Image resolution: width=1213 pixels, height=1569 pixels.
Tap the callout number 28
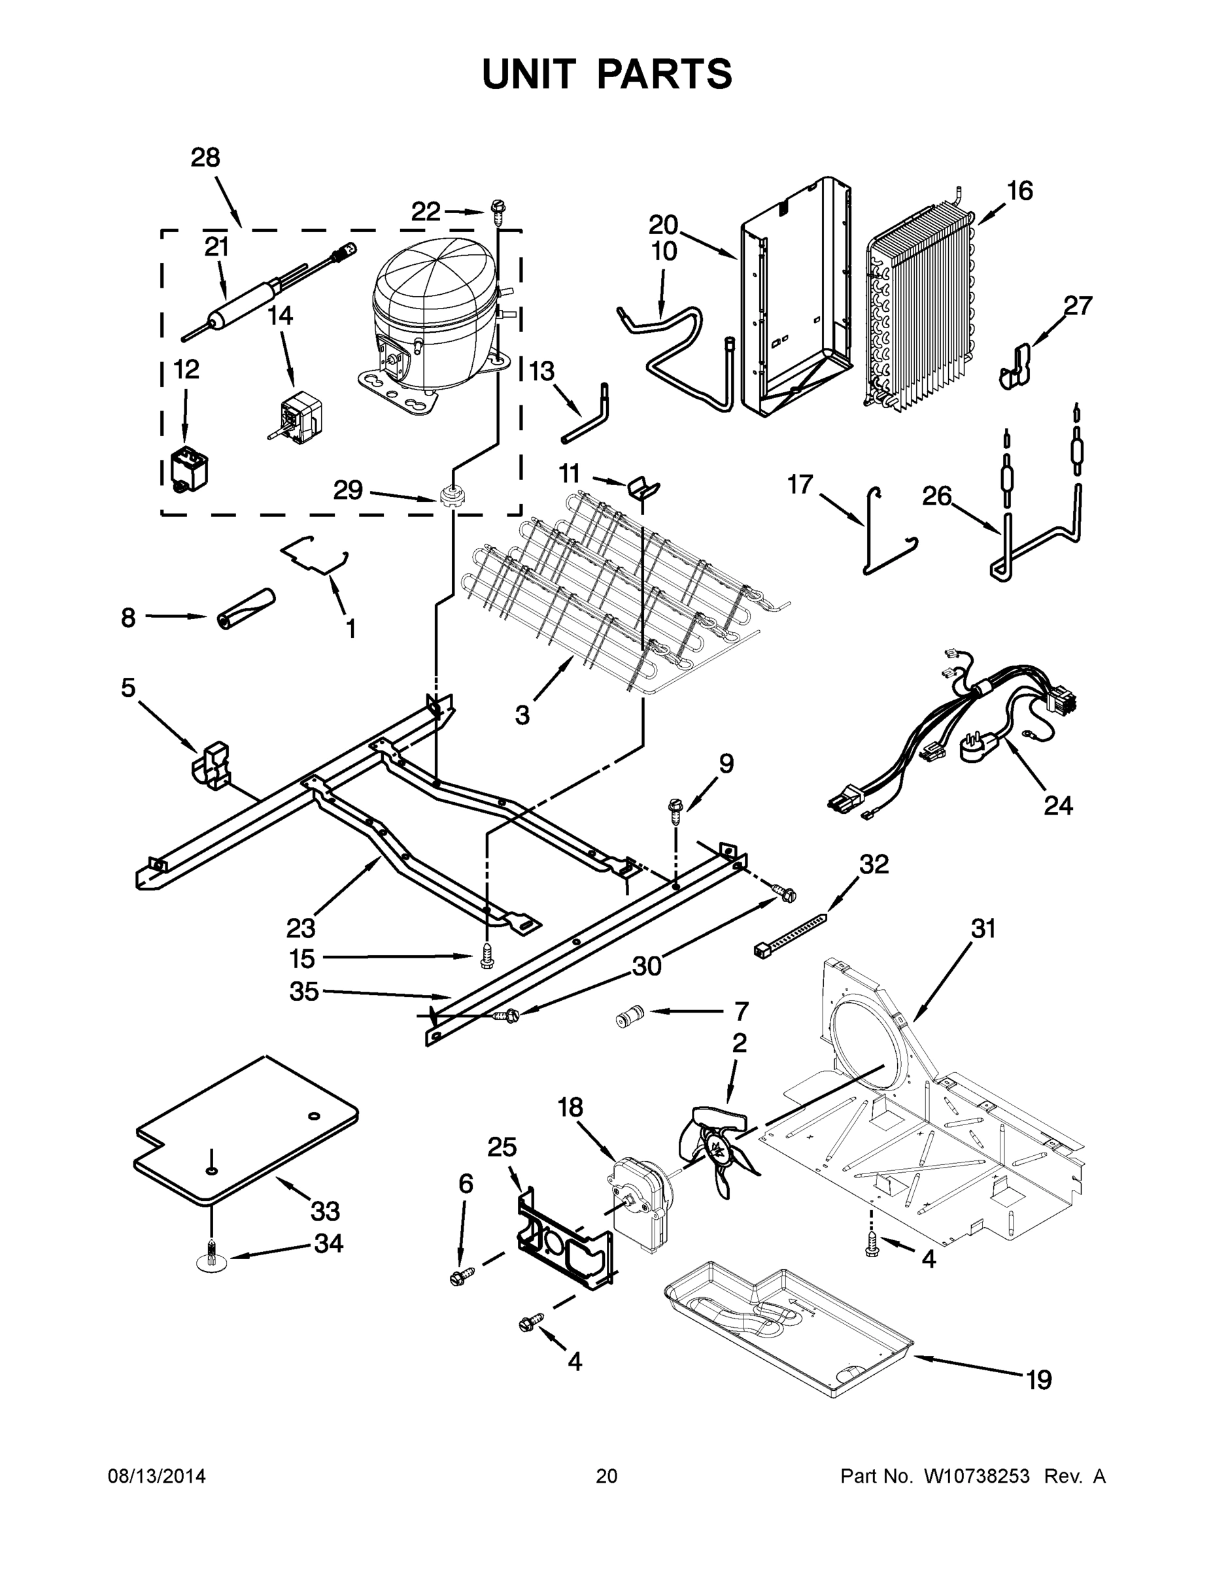[205, 158]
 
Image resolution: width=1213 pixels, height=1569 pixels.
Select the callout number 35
[303, 992]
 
